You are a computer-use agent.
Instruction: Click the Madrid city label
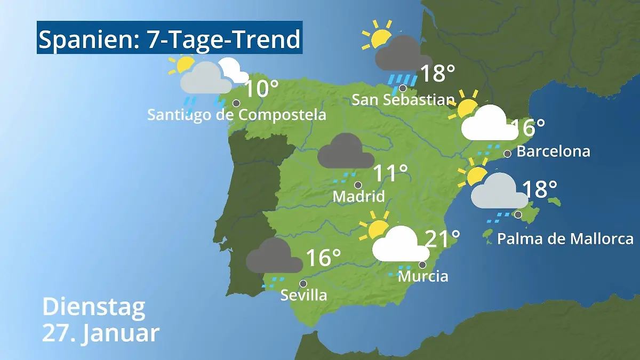pos(358,196)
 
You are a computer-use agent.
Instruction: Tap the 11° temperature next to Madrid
pos(390,173)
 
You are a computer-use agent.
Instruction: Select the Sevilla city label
pos(303,295)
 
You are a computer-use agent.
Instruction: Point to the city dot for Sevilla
pos(303,284)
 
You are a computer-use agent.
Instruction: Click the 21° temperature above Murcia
pos(442,238)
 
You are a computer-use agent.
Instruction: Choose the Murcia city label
pos(423,276)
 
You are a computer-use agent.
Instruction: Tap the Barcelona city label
pos(553,151)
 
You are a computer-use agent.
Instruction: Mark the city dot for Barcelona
pos(507,154)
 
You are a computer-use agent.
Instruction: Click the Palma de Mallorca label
pos(565,238)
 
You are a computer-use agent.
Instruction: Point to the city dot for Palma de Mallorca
pos(518,215)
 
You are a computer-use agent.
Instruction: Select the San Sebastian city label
pos(403,100)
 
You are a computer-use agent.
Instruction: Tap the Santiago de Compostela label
pos(236,115)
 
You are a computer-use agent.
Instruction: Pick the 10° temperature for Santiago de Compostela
pos(261,89)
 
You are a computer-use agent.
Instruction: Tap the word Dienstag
pos(94,307)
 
